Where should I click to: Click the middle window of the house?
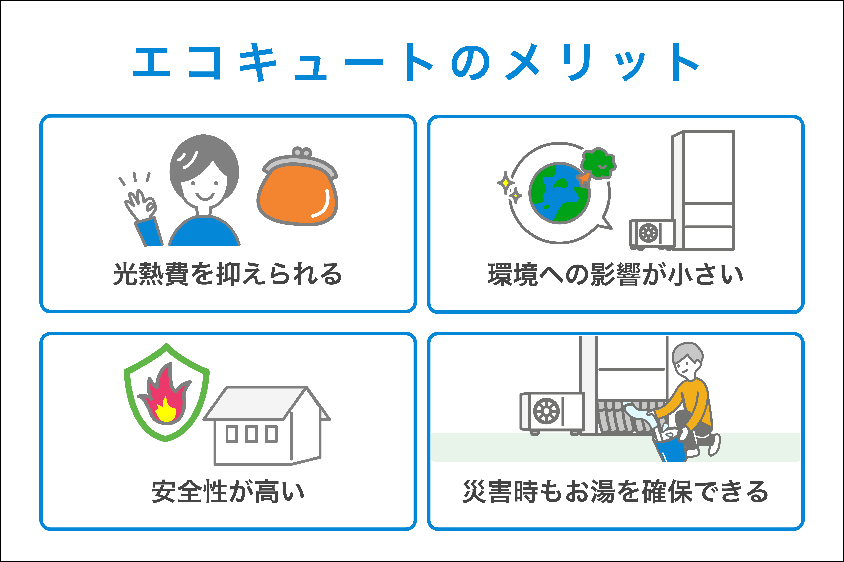tap(252, 434)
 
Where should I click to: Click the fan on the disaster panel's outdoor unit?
tap(547, 411)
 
